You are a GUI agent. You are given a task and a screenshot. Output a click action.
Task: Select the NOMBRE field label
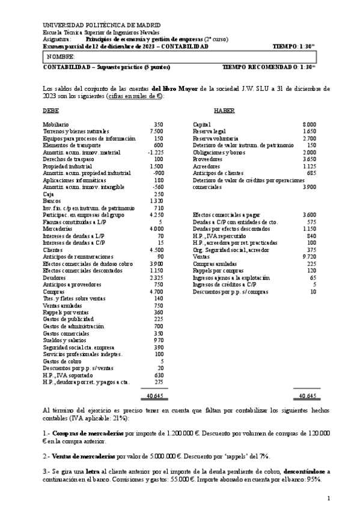61,57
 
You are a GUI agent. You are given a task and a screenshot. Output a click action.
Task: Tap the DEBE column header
50,111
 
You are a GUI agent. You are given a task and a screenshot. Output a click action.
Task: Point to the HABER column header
224,111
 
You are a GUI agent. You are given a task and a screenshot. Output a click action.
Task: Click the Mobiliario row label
56,124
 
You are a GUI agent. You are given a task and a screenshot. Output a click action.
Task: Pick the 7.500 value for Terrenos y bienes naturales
156,131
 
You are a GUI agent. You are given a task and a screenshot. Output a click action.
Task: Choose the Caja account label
48,194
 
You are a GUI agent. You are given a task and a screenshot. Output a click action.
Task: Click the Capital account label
201,124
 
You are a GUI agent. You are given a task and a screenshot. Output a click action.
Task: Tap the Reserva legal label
209,131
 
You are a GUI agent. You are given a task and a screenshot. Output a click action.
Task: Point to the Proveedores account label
207,159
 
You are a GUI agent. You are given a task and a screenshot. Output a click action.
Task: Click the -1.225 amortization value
155,152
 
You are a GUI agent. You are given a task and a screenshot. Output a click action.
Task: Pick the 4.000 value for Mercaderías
156,229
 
